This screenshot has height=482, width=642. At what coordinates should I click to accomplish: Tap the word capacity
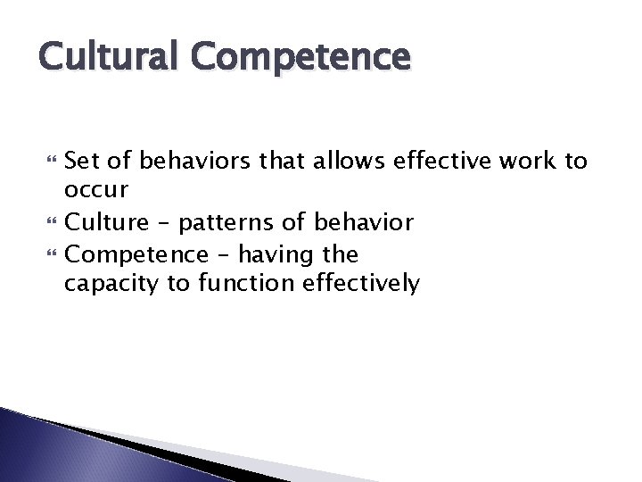coord(109,285)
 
